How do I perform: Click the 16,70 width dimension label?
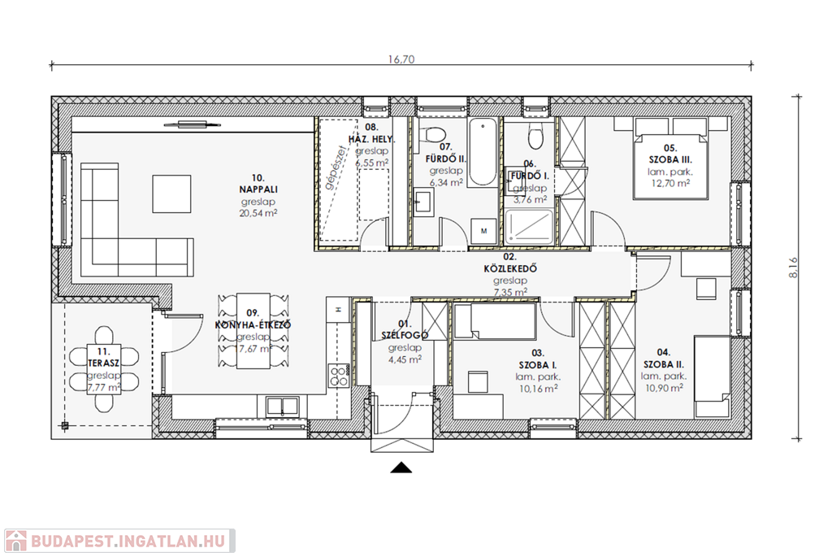click(401, 59)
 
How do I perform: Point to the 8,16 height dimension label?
click(793, 268)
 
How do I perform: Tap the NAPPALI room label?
click(258, 189)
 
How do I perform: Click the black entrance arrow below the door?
click(401, 468)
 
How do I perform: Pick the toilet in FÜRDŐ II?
click(435, 137)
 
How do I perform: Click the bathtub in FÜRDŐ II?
click(483, 152)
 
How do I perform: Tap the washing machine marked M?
click(484, 230)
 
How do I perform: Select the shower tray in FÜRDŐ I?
click(528, 227)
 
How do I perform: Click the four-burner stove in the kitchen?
click(338, 375)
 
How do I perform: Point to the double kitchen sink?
click(283, 407)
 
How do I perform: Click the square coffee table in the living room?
click(172, 194)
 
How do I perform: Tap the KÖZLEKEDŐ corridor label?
click(510, 268)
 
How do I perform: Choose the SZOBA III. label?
click(670, 159)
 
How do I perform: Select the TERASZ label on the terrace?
click(104, 363)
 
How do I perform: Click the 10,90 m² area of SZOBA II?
click(664, 388)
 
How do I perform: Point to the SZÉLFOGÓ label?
click(405, 335)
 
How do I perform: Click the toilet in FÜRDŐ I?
click(535, 137)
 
